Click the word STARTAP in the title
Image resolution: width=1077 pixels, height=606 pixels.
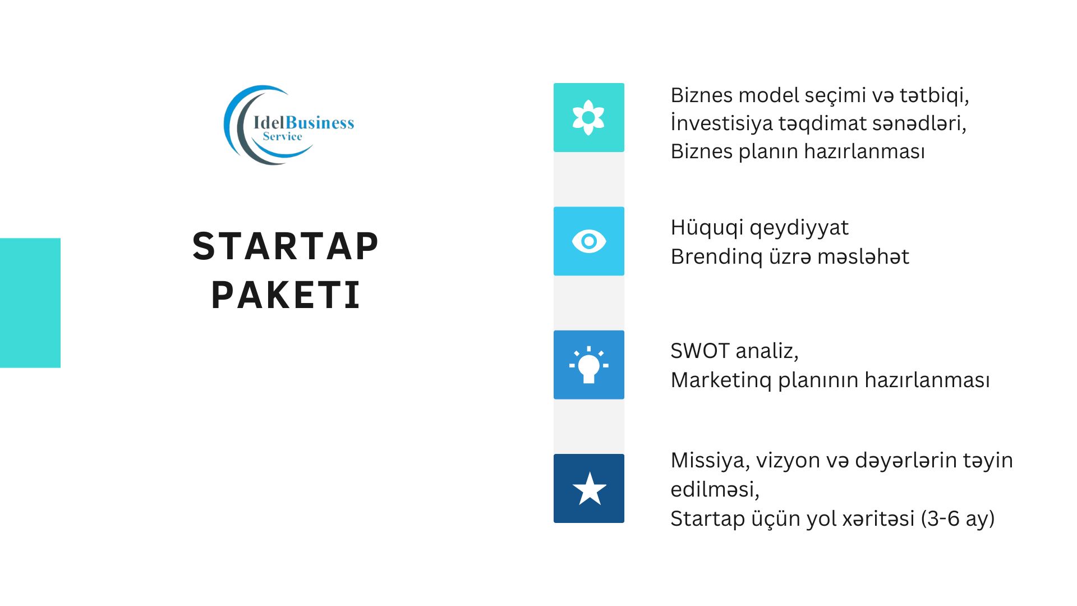click(286, 246)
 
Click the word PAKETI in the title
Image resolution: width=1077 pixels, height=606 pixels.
click(286, 295)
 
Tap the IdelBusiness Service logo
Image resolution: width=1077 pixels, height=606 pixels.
click(288, 125)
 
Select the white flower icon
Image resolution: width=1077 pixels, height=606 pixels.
click(588, 117)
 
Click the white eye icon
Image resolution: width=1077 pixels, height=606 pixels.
click(588, 241)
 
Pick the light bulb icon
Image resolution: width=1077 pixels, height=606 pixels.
click(588, 365)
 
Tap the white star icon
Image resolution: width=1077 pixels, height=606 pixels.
click(589, 489)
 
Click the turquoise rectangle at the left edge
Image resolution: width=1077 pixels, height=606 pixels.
click(30, 303)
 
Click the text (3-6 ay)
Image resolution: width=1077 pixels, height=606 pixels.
click(958, 518)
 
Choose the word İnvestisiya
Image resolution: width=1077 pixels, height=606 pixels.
click(721, 123)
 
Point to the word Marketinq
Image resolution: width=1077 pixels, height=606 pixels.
click(721, 380)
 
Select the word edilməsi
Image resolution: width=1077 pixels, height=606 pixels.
click(715, 490)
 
